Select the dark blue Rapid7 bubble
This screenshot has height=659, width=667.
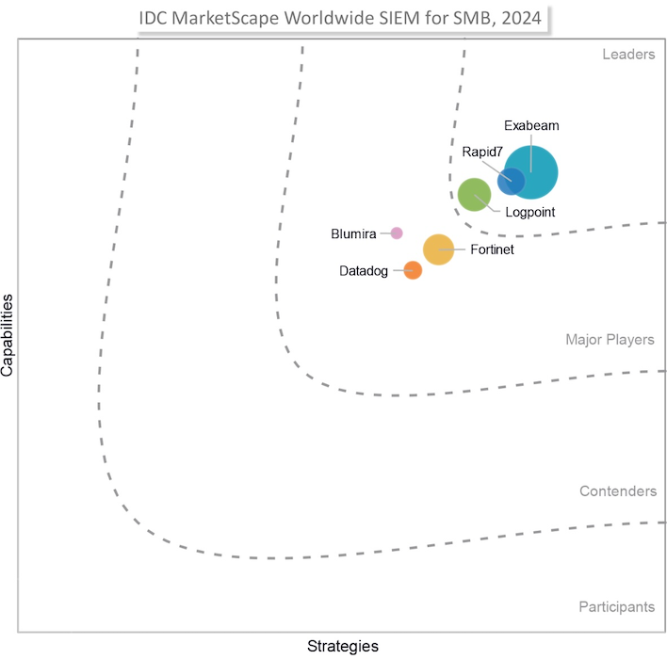[x=511, y=180]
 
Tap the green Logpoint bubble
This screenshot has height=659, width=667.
[x=473, y=195]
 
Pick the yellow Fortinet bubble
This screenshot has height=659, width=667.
[x=438, y=249]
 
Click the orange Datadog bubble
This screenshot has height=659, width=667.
[x=413, y=270]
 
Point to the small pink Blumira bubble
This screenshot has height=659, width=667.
[x=397, y=233]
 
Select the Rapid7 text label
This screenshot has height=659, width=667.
[x=481, y=151]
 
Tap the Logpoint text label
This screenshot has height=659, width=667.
[x=530, y=213]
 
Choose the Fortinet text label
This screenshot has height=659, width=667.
[x=492, y=249]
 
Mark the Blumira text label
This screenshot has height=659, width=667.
[x=353, y=233]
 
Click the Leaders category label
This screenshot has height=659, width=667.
[x=628, y=54]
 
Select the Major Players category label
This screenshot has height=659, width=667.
[x=610, y=340]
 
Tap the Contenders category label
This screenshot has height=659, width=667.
[x=617, y=491]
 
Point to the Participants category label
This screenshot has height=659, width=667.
[x=616, y=607]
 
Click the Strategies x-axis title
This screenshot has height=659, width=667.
[x=343, y=646]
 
